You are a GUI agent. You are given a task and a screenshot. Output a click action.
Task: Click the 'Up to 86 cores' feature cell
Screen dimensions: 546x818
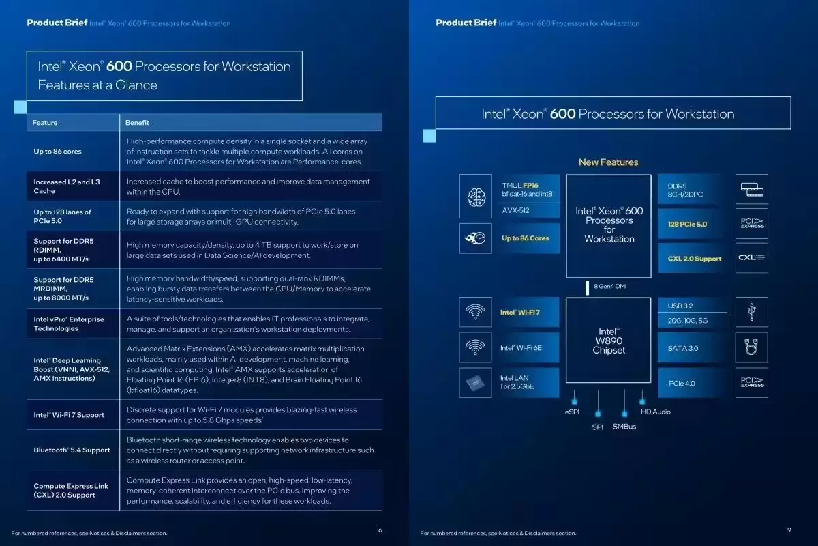click(58, 152)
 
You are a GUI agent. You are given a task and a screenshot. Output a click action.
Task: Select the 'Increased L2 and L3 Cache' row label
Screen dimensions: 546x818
click(67, 186)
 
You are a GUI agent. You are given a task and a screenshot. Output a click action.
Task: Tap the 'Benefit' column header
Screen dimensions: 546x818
click(137, 123)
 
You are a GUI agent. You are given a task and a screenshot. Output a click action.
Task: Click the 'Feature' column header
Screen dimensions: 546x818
click(45, 123)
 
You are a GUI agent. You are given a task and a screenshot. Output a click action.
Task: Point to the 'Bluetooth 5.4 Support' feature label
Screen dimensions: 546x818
click(72, 450)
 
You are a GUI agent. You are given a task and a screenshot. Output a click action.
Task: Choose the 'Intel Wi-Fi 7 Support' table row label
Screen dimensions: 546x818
click(69, 415)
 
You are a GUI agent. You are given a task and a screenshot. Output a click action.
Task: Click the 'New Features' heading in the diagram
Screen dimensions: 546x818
click(608, 162)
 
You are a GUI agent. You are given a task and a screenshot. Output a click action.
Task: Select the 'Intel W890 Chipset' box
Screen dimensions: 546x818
click(609, 341)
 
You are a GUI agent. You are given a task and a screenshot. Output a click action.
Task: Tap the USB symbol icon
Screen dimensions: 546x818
click(751, 312)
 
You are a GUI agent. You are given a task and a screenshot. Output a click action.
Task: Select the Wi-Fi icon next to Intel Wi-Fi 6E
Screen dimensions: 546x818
click(475, 348)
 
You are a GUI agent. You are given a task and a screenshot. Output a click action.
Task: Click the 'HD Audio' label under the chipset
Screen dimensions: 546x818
click(655, 412)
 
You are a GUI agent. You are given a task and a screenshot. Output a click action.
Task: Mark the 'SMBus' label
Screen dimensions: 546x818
click(624, 427)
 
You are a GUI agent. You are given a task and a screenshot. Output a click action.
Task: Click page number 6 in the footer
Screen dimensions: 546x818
click(380, 530)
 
